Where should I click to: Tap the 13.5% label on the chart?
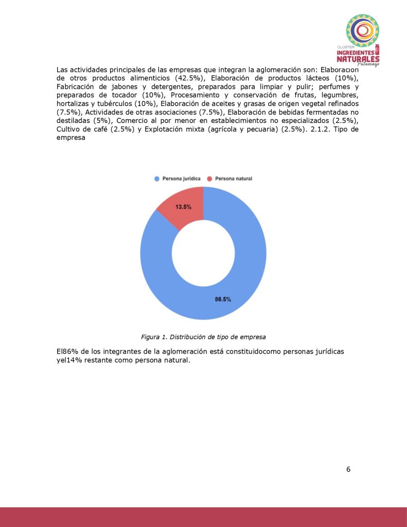click(x=183, y=207)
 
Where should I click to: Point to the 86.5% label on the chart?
click(x=222, y=299)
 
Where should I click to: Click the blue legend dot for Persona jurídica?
click(x=156, y=179)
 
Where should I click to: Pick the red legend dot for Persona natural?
click(x=209, y=179)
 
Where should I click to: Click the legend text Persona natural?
click(x=233, y=179)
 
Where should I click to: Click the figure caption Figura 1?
click(x=203, y=337)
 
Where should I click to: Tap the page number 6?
click(x=348, y=469)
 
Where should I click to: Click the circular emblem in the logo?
click(x=362, y=30)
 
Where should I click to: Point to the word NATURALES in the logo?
click(x=358, y=58)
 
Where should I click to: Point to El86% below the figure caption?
click(x=68, y=352)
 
